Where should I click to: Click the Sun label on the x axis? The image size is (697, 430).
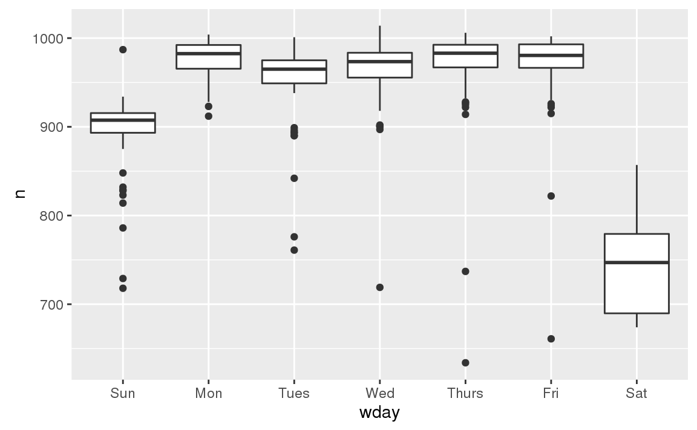click(123, 394)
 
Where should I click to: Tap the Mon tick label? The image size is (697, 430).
click(208, 394)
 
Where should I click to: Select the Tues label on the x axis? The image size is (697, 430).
click(294, 394)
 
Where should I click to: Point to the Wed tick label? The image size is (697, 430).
click(379, 394)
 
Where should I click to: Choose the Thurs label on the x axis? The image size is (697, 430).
click(465, 394)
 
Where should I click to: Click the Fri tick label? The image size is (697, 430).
click(551, 394)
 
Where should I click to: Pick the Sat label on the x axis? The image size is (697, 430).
click(636, 394)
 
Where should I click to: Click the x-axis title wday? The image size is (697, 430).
click(379, 413)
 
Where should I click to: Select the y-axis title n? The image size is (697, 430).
click(19, 194)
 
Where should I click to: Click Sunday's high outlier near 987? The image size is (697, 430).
click(123, 50)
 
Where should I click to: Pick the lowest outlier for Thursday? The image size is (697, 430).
click(465, 363)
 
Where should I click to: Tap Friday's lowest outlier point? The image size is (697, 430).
click(551, 339)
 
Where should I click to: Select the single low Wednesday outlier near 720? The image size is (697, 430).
click(379, 287)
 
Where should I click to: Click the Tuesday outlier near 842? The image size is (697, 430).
click(294, 178)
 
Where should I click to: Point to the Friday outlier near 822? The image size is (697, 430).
click(551, 196)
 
